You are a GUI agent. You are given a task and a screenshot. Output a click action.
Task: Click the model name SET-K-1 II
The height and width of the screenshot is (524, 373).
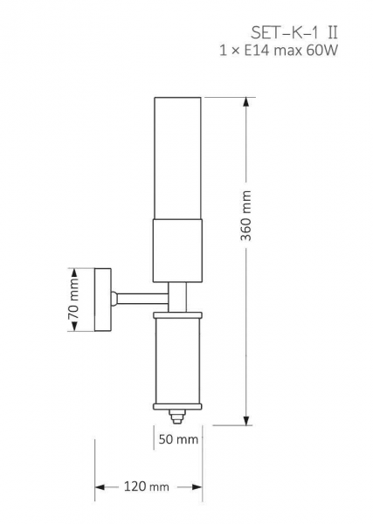(294, 33)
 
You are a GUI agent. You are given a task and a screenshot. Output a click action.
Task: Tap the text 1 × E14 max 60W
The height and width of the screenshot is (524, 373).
(279, 51)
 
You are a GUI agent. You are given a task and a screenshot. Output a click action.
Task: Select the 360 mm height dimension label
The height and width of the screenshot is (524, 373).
(246, 216)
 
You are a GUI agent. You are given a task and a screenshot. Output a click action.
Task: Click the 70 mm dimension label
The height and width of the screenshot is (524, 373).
(73, 300)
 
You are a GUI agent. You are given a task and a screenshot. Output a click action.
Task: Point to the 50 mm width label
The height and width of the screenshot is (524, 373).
(178, 439)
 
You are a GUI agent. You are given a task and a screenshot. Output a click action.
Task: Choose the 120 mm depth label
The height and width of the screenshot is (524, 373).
(147, 486)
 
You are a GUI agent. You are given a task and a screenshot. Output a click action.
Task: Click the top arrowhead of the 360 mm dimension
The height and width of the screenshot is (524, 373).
(246, 102)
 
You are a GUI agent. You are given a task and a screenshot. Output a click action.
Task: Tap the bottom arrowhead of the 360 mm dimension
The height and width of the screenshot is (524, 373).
(246, 421)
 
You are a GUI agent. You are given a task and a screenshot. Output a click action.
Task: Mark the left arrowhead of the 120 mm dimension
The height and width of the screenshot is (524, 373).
(100, 487)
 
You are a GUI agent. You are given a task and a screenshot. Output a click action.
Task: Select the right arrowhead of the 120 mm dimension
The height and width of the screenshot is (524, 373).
(197, 487)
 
